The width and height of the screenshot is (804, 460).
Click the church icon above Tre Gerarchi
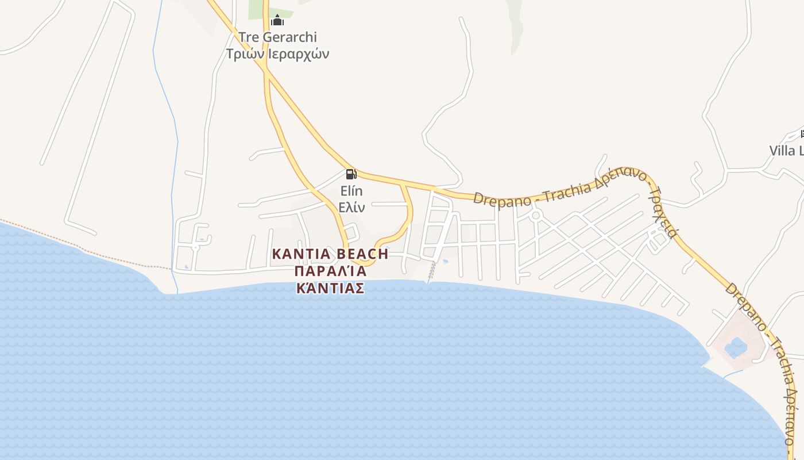coord(277,21)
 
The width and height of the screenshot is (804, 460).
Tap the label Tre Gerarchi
coord(277,37)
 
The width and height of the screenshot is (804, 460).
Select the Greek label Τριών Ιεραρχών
coord(277,54)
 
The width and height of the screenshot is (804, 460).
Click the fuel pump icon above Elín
coord(351,174)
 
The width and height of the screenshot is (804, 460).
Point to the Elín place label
coord(351,191)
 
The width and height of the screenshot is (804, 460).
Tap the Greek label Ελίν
coord(351,207)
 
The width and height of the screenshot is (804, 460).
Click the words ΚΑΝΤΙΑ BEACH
coord(330,254)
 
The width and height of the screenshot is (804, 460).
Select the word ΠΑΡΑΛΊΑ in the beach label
coord(330,271)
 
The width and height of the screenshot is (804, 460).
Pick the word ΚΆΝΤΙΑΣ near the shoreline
coord(330,288)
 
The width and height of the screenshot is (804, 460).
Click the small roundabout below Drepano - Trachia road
coord(536,216)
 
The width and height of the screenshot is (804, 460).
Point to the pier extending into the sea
coord(431,273)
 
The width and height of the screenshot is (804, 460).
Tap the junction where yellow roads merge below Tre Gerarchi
coord(266,70)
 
